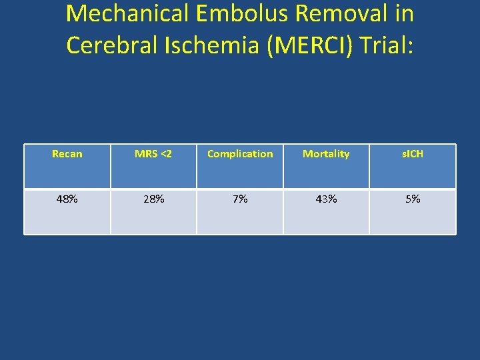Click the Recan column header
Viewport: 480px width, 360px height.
click(x=67, y=154)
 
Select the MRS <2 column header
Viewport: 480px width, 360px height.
click(x=153, y=154)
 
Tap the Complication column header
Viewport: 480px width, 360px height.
click(x=240, y=154)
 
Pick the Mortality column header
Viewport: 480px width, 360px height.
click(x=326, y=154)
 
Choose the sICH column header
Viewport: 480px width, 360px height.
click(x=413, y=154)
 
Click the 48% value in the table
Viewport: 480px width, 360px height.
click(x=67, y=199)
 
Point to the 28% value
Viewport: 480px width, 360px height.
click(x=153, y=199)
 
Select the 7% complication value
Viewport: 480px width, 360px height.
click(x=240, y=199)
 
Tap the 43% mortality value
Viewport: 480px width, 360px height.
click(x=326, y=199)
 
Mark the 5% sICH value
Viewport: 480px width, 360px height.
click(x=413, y=199)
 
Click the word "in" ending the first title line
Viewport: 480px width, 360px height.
click(x=404, y=13)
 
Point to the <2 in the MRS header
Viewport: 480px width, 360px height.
click(x=165, y=154)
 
